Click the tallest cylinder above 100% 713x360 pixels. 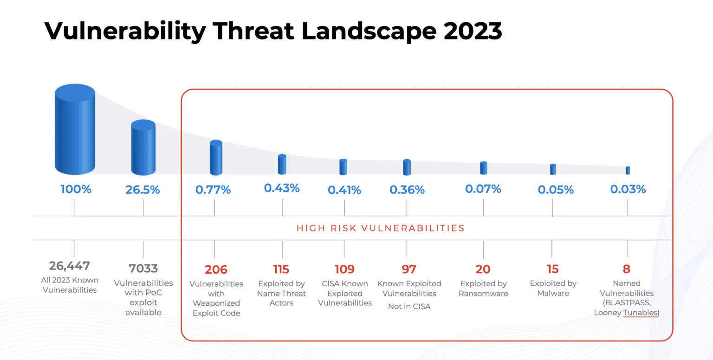(x=75, y=129)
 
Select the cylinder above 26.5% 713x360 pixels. (x=143, y=148)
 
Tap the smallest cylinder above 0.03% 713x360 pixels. (x=628, y=170)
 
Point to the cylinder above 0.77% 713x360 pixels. (x=216, y=158)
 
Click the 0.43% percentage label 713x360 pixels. (x=282, y=188)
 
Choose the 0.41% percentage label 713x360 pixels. (x=344, y=190)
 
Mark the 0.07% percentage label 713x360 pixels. (x=483, y=189)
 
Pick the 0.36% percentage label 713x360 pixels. (x=407, y=190)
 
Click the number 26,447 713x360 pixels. (x=70, y=266)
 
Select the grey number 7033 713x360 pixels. (x=143, y=268)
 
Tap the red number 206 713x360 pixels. (x=216, y=269)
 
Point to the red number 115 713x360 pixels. (x=281, y=269)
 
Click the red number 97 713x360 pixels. (x=408, y=269)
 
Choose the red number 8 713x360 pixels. (x=627, y=269)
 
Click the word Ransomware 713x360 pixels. (x=483, y=293)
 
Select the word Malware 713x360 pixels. (x=553, y=293)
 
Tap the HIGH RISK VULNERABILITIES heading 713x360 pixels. (x=381, y=228)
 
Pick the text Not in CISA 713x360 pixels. (x=409, y=306)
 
